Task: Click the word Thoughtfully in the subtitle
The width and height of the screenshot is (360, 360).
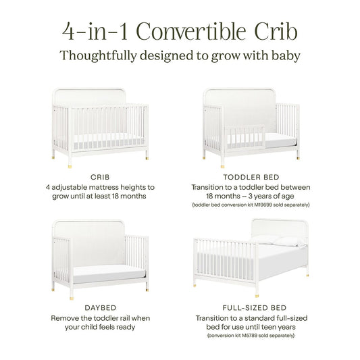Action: tap(99, 55)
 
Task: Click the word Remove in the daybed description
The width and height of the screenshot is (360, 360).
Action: tap(66, 317)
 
